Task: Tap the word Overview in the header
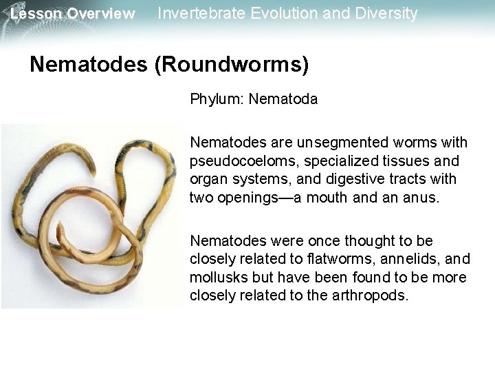100,14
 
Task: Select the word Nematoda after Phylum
283,99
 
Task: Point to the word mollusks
217,278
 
